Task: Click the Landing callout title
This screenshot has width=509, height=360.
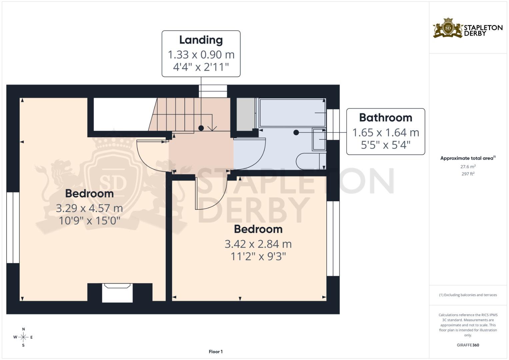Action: click(201, 40)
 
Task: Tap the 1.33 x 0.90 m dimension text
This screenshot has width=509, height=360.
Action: click(201, 55)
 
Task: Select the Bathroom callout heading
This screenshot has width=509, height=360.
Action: click(385, 118)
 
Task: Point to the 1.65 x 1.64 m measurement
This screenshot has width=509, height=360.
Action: click(385, 133)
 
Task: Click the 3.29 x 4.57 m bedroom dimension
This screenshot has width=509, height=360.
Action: click(89, 208)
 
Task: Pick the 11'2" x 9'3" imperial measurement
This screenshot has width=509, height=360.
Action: click(258, 256)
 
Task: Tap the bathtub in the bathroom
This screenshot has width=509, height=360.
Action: click(292, 113)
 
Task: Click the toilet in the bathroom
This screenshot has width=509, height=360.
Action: click(311, 161)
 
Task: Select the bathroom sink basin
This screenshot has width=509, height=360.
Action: click(319, 139)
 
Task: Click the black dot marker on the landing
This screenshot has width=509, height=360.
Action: click(201, 128)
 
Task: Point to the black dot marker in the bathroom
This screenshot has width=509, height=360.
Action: click(296, 132)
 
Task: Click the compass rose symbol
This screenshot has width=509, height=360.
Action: click(23, 337)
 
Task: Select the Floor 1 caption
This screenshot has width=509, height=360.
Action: click(216, 352)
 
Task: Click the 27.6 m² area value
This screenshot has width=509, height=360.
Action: click(468, 166)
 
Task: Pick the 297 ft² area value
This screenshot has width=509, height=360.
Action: click(468, 174)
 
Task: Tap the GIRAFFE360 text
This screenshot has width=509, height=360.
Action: click(468, 345)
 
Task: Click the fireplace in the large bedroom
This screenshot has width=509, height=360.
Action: click(117, 293)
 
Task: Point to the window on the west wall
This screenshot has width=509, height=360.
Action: click(13, 227)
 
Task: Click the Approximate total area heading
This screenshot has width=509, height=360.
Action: click(468, 158)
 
